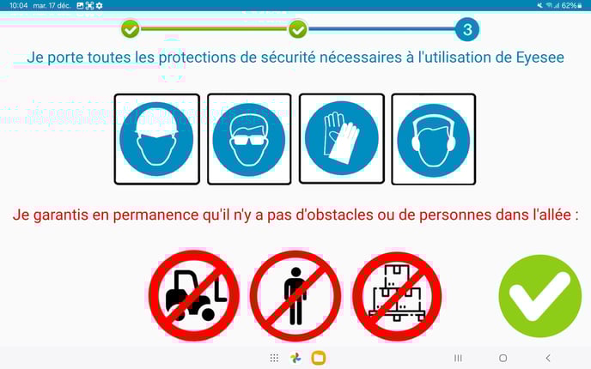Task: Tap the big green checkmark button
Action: tap(539, 296)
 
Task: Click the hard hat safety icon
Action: tap(156, 139)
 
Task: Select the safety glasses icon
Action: tap(249, 139)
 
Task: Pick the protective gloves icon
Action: tap(342, 138)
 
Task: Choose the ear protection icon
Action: tap(434, 139)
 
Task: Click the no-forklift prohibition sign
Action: tap(194, 295)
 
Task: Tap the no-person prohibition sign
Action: tap(295, 295)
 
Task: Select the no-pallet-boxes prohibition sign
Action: tap(397, 295)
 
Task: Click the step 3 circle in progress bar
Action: tap(467, 29)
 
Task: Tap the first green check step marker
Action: tap(131, 29)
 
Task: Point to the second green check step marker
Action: tap(298, 29)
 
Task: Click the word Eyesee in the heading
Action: tap(539, 58)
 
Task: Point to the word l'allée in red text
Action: tap(551, 215)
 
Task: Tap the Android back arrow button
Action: tap(548, 358)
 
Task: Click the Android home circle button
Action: tap(503, 358)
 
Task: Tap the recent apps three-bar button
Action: tap(458, 358)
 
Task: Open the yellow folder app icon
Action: tap(319, 358)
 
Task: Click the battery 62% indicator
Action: tap(572, 6)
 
